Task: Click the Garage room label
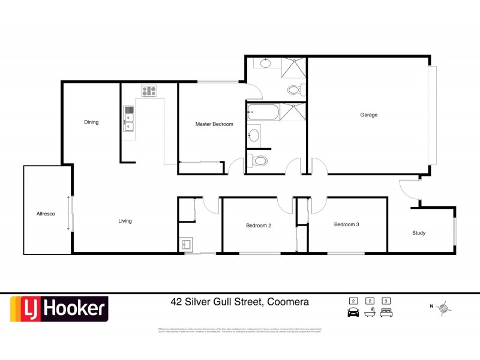(x=368, y=115)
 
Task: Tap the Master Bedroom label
(x=214, y=124)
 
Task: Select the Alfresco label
(x=46, y=213)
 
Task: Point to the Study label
(x=419, y=233)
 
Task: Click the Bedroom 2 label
(x=259, y=226)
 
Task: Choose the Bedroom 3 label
(x=347, y=224)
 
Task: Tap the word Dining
(x=91, y=122)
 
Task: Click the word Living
(x=125, y=221)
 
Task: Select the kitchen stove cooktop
(x=149, y=92)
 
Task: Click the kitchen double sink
(x=128, y=118)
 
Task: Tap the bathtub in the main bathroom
(x=263, y=112)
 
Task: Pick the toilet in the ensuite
(x=293, y=90)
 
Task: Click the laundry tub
(x=186, y=245)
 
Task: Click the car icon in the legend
(x=353, y=312)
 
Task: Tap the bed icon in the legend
(x=386, y=312)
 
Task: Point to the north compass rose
(x=444, y=308)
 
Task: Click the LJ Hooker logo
(x=59, y=309)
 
